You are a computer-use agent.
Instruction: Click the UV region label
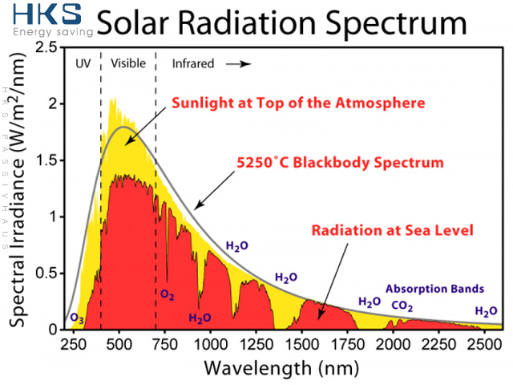(82, 63)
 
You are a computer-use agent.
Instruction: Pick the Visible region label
(127, 63)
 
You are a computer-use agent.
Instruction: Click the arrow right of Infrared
(239, 63)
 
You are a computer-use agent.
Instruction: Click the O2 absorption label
(168, 295)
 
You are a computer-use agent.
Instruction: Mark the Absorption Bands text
(434, 288)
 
